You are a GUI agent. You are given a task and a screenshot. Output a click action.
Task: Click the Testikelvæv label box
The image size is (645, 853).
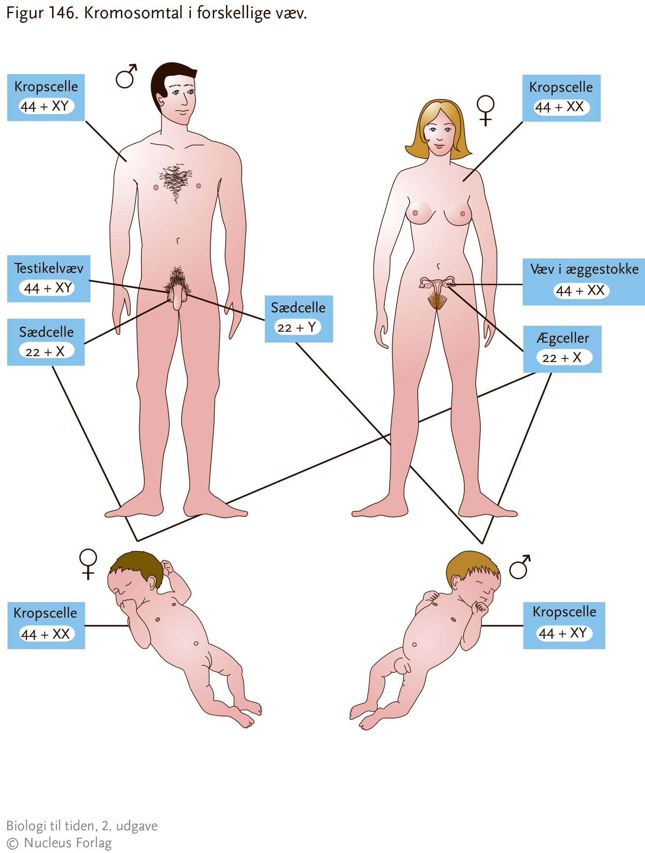49,279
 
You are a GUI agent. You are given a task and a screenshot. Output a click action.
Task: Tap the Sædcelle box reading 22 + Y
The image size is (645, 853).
299,319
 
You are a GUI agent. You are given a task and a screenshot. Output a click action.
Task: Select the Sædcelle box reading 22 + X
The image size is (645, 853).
46,342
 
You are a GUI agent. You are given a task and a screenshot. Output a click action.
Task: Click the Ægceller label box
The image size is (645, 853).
562,349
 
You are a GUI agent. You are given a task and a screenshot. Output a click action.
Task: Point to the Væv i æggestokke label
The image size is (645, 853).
584,282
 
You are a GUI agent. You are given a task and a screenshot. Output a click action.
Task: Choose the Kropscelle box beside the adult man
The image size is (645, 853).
46,98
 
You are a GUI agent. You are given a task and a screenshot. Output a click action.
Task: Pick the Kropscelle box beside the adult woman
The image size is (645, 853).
561,98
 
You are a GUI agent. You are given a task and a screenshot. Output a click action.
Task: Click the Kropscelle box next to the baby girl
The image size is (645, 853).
46,625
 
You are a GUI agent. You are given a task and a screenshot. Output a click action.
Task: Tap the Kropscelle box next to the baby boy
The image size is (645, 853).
564,625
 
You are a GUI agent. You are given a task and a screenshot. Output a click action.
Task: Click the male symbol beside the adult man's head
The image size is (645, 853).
126,77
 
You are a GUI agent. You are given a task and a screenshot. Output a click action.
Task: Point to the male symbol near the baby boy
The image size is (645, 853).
520,567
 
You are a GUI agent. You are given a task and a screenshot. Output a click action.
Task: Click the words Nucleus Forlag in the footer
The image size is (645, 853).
68,842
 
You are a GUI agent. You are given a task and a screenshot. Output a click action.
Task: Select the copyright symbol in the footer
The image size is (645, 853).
13,843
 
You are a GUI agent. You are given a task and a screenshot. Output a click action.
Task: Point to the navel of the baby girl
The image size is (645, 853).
196,644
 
